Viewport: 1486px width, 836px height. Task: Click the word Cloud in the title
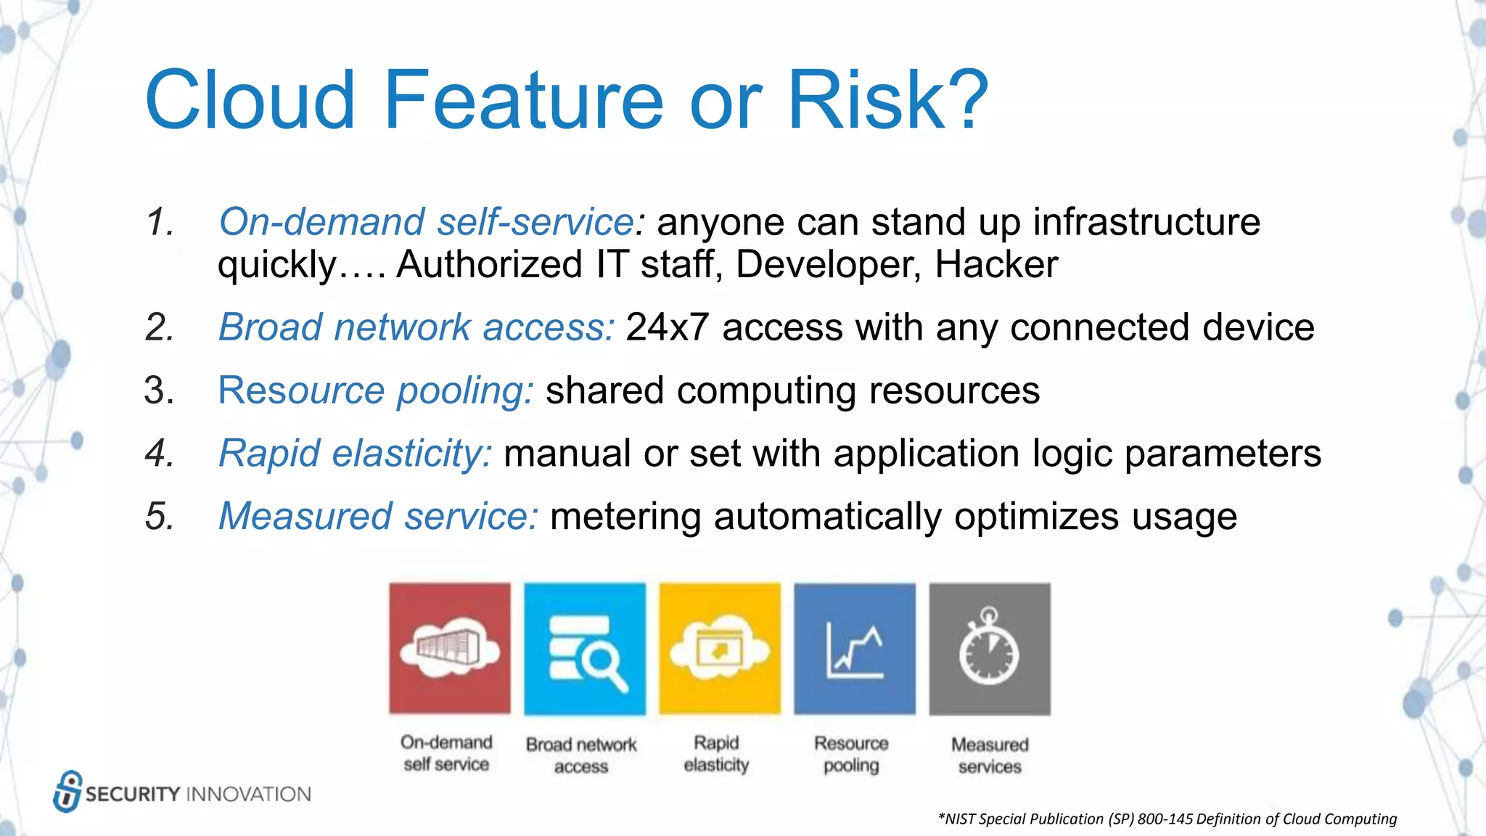click(250, 100)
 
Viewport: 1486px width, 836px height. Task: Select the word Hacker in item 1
click(996, 264)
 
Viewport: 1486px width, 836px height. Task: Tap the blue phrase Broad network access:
click(416, 327)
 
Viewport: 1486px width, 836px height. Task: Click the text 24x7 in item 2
click(667, 327)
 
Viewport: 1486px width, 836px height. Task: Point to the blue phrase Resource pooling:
click(376, 390)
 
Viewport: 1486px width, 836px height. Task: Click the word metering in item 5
click(625, 517)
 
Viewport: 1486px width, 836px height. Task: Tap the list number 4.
click(159, 454)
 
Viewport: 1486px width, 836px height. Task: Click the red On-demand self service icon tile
click(450, 648)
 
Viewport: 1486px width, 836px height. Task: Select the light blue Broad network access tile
click(585, 648)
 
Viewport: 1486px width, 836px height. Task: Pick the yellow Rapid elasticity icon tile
click(720, 648)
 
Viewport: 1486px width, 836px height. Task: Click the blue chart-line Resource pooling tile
click(855, 648)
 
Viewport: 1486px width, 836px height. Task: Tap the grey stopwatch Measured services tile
click(990, 648)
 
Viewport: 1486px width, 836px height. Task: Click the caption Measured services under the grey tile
click(990, 755)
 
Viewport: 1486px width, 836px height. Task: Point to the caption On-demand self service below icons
click(446, 753)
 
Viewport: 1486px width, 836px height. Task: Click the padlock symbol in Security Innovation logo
click(67, 791)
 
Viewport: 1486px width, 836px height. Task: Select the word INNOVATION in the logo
click(249, 794)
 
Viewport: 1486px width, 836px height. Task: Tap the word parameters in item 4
click(1223, 454)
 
